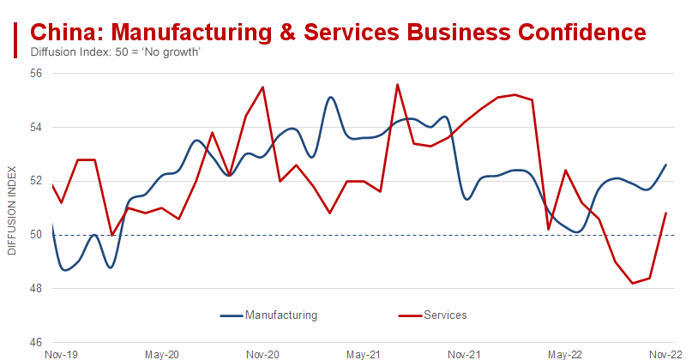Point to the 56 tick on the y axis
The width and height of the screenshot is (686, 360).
(x=38, y=74)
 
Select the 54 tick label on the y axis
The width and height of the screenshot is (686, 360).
(x=38, y=128)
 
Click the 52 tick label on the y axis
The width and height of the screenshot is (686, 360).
(x=38, y=181)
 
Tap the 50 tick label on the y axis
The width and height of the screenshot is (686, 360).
(x=38, y=235)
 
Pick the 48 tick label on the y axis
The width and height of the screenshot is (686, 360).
(x=38, y=289)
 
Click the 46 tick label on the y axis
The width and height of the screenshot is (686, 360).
(x=38, y=342)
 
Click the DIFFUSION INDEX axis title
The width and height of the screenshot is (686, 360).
(x=11, y=208)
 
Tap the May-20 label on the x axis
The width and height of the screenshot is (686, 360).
(x=162, y=353)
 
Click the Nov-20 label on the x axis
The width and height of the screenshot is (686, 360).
(x=262, y=353)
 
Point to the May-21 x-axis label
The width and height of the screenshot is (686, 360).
(x=363, y=353)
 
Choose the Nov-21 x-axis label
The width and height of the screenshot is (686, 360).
(x=463, y=353)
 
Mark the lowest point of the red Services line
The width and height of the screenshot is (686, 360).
(x=633, y=284)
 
